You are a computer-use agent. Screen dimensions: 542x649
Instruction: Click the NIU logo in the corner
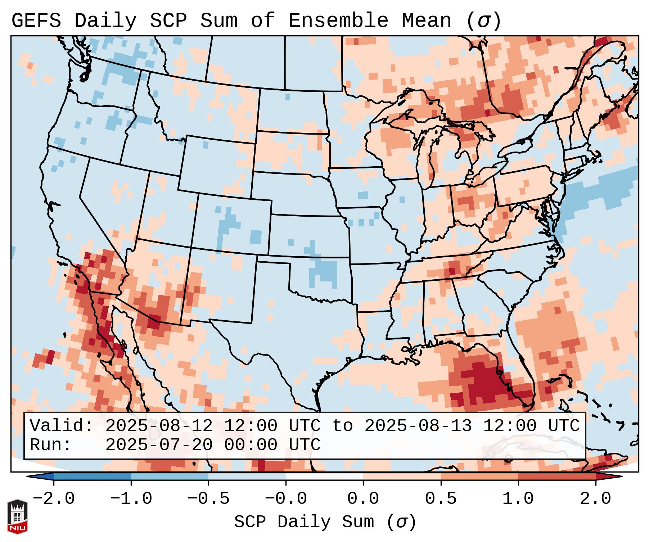(17, 516)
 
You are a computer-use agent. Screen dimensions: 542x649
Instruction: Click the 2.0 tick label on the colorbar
(595, 499)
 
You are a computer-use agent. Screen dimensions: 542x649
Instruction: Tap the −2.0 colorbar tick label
(54, 499)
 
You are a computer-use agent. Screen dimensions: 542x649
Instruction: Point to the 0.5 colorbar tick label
(441, 499)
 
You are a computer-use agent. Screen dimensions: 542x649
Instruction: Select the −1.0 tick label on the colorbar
(131, 499)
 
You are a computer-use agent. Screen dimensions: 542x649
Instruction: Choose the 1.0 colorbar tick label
(518, 499)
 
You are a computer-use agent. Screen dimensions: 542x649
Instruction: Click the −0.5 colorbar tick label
(208, 499)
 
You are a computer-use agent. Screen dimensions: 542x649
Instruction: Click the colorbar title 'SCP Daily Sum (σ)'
(325, 522)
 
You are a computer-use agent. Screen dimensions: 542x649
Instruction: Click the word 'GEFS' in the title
(36, 21)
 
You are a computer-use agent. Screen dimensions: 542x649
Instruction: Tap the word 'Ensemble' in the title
(338, 21)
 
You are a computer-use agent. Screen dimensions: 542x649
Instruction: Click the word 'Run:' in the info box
(51, 445)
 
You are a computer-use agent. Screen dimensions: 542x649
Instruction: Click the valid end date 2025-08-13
(418, 426)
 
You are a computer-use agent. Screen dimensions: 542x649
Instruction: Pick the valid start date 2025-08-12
(159, 426)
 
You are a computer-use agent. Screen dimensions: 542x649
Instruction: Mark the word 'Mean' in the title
(426, 21)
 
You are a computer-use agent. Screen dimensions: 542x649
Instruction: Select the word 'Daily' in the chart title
(105, 21)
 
